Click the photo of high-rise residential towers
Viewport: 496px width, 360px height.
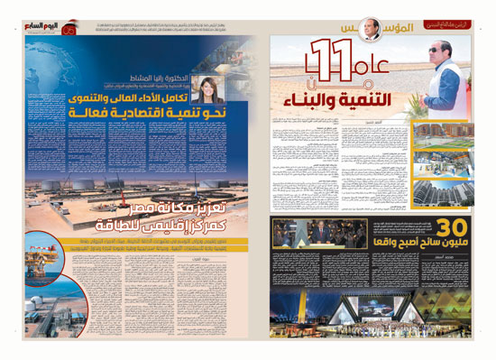click(x=443, y=136)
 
